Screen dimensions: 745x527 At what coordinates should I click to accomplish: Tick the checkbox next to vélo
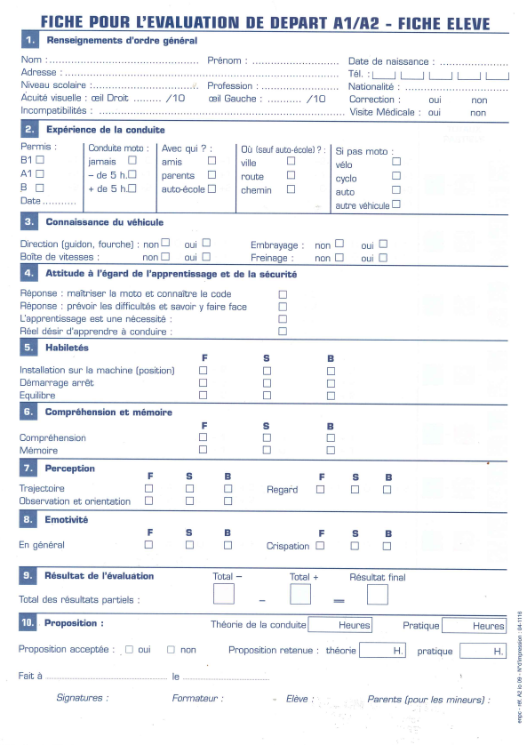pos(396,162)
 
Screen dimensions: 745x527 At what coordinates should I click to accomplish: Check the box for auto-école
pos(212,188)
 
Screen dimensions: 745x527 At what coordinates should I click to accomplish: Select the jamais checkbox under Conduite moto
pos(132,161)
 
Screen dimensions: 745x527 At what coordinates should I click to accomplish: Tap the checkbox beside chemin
pos(291,189)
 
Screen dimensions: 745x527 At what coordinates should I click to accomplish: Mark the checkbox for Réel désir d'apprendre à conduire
pos(283,331)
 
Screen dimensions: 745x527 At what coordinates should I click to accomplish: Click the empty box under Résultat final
pos(377,594)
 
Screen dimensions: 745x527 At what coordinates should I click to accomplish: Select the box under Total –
pos(224,594)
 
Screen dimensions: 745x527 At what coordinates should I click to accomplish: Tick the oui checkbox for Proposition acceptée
pos(129,650)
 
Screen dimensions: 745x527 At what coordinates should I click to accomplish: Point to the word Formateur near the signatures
pos(197,699)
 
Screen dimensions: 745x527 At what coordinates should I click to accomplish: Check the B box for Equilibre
pos(331,395)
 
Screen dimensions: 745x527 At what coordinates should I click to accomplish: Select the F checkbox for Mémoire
pos(204,450)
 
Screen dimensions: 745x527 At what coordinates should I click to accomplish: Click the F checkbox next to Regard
pos(321,489)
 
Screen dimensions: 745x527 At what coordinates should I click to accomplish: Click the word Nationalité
pos(371,87)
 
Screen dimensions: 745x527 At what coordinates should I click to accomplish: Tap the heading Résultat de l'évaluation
pos(100,576)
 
